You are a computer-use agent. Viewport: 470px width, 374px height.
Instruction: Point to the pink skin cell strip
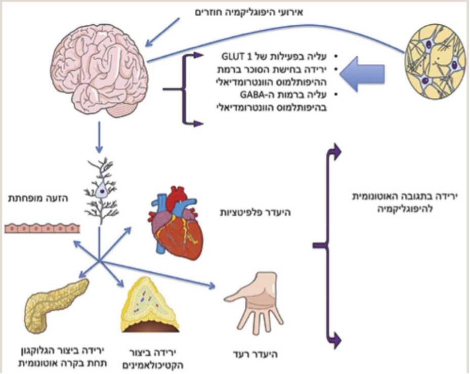(x=42, y=228)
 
